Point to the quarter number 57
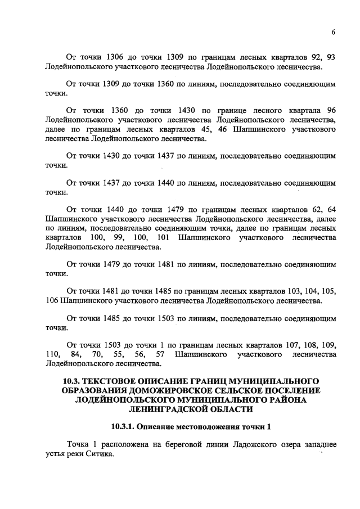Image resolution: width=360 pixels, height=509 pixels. [x=159, y=355]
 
